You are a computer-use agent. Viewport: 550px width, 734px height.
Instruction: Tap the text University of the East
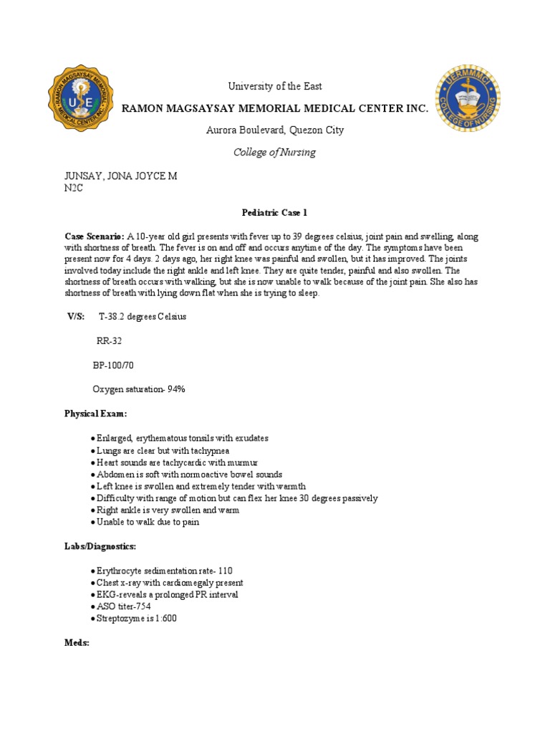[x=275, y=87]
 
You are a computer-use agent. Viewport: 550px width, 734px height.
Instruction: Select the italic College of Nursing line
[x=275, y=153]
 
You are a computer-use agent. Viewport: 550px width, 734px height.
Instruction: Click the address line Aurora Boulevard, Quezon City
[x=275, y=130]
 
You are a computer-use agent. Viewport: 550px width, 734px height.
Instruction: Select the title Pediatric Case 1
[x=275, y=214]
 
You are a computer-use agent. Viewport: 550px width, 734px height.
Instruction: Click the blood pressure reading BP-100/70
[x=113, y=366]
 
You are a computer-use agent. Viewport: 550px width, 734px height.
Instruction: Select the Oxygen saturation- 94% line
[x=139, y=389]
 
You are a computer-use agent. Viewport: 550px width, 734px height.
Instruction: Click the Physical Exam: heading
[x=96, y=414]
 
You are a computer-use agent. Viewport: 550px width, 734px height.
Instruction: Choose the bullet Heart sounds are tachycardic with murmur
[x=178, y=462]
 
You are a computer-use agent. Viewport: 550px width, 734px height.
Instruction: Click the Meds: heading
[x=77, y=643]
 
